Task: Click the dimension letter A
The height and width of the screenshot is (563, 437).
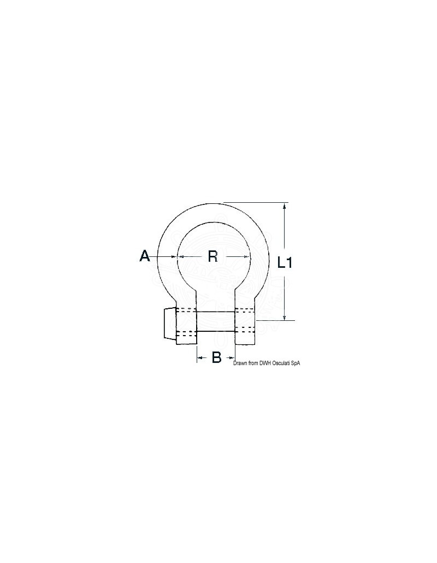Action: (x=145, y=256)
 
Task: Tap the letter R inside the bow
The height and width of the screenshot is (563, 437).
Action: (x=213, y=256)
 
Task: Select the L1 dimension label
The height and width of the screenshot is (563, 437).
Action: (x=285, y=263)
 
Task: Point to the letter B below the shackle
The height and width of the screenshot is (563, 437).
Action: (x=216, y=357)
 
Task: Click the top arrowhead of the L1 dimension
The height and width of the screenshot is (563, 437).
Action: (x=285, y=206)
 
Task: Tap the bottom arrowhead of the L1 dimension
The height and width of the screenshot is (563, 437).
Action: (x=285, y=316)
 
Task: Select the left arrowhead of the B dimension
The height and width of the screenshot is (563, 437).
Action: (x=200, y=357)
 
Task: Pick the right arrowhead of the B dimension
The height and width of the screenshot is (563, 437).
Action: (x=233, y=357)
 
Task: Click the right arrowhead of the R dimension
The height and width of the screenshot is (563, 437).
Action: (x=247, y=256)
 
